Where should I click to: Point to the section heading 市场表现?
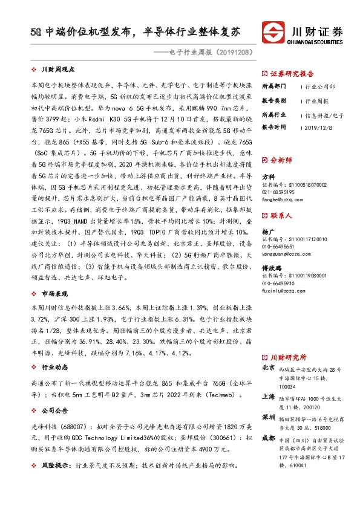click(x=55, y=293)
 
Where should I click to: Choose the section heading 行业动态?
click(x=55, y=366)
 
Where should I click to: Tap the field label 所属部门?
click(x=273, y=86)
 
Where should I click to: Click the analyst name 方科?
click(x=267, y=177)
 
